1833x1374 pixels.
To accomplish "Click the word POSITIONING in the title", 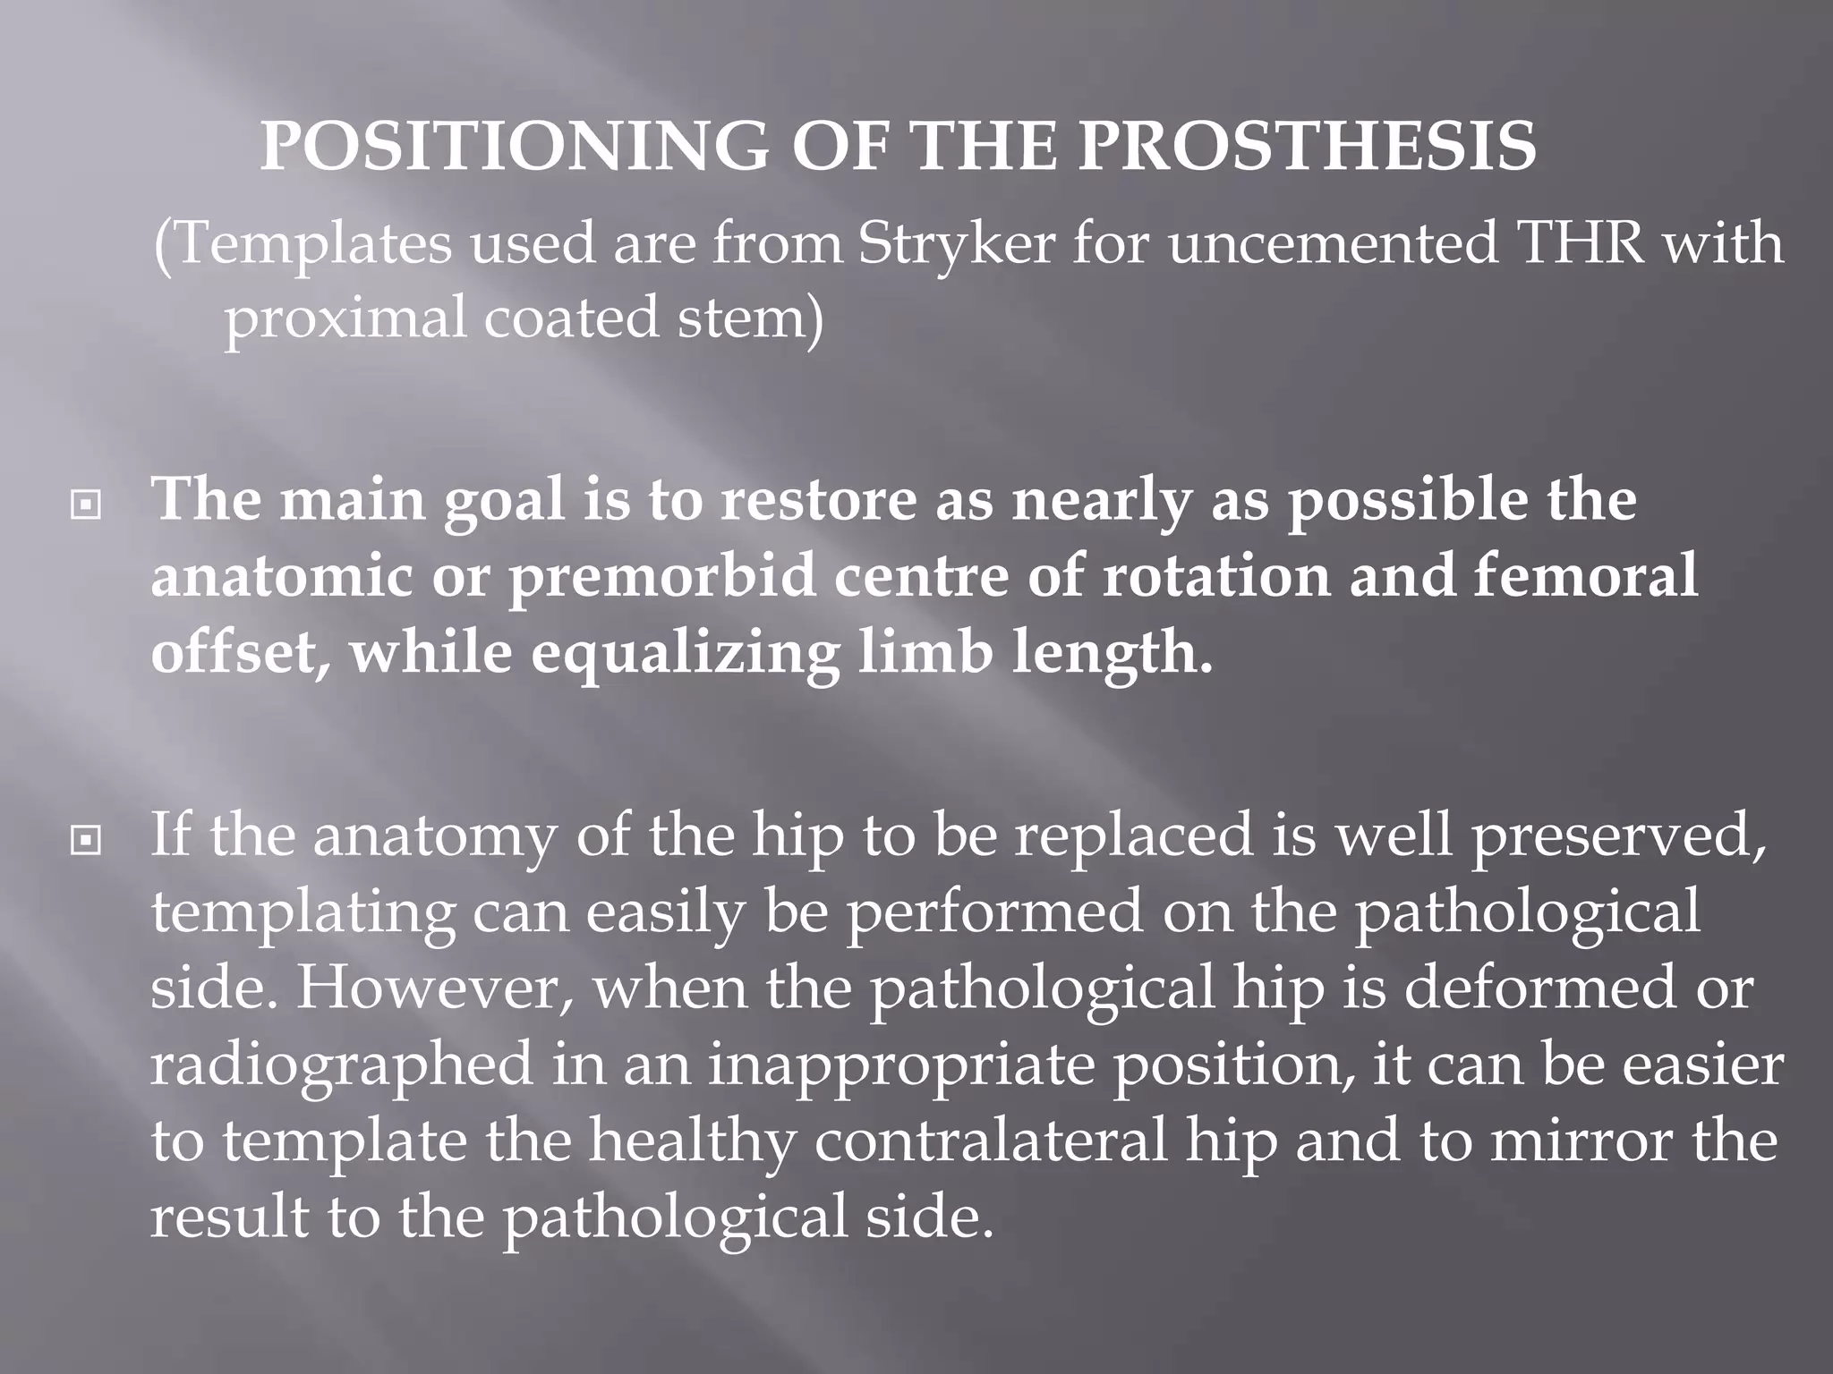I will (x=514, y=146).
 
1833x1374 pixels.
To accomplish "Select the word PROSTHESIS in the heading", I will (x=1308, y=146).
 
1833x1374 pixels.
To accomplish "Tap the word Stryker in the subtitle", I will (x=957, y=243).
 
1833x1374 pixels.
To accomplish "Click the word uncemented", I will (x=1333, y=243).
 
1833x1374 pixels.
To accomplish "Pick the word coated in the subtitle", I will (x=571, y=318).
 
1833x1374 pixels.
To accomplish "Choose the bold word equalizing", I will (x=685, y=654).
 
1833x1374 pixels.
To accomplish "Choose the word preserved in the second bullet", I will (x=1619, y=836).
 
